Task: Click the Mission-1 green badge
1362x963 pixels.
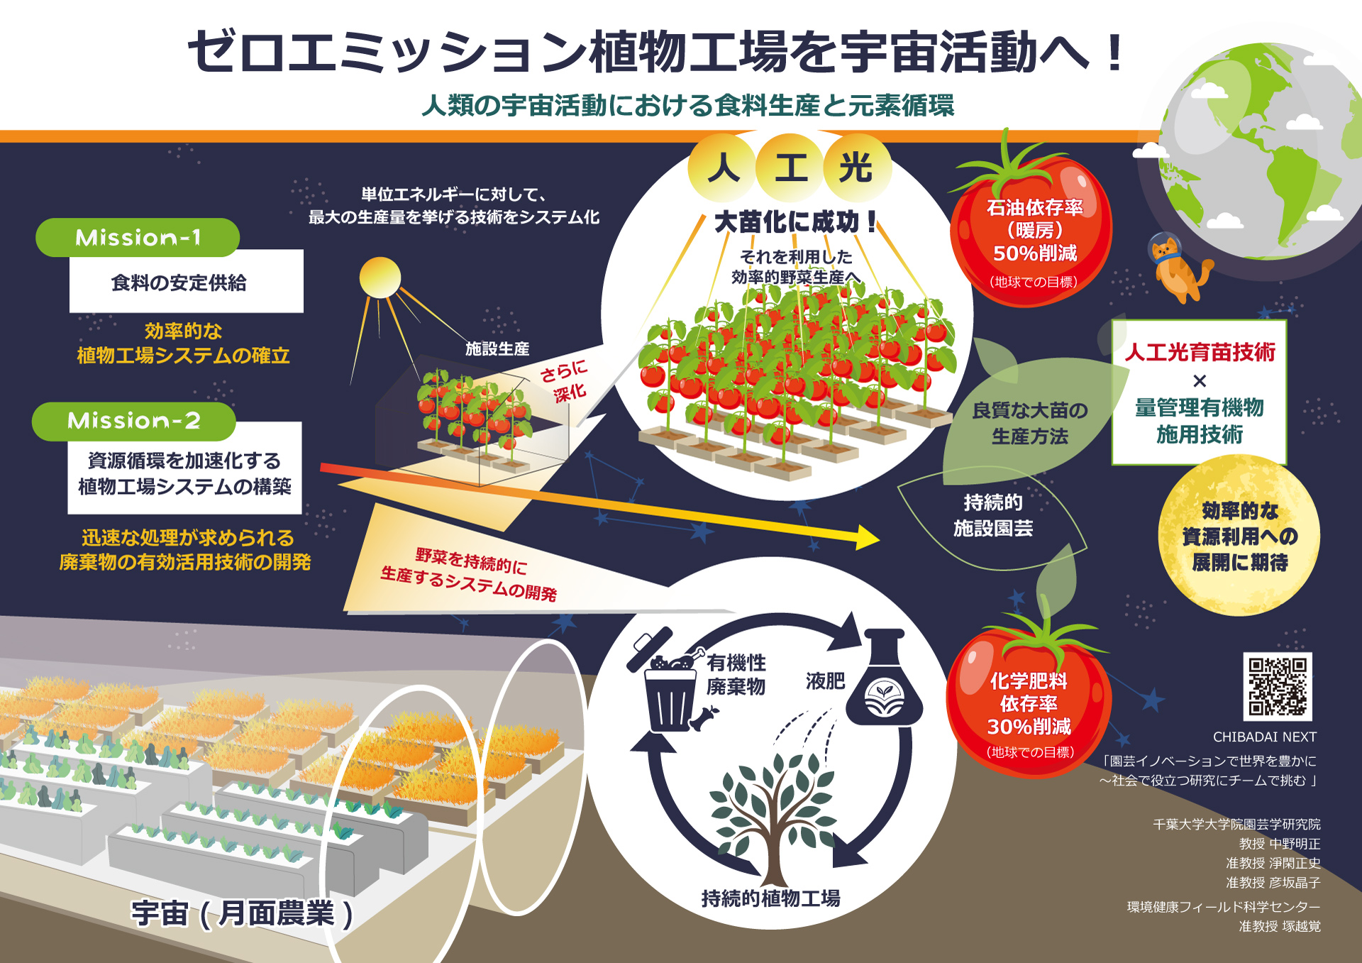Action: pos(138,237)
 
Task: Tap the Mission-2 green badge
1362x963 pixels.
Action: pos(133,421)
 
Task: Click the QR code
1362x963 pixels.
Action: pos(1278,686)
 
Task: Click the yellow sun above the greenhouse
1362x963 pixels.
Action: pos(380,277)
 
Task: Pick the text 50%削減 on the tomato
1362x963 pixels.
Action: pos(1035,253)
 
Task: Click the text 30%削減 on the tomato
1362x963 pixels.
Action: pos(1029,727)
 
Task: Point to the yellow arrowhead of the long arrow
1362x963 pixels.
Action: pos(867,538)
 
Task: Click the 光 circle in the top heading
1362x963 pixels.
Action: pos(856,168)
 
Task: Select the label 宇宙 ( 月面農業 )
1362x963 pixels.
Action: pos(242,913)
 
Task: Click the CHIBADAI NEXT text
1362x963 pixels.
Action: pos(1265,737)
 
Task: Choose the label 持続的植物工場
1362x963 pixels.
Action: pos(770,898)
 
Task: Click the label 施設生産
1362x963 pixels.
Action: pos(497,348)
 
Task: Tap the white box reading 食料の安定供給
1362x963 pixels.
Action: pos(187,281)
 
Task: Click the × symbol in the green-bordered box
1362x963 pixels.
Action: pos(1200,381)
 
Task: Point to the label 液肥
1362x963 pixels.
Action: pos(825,681)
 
